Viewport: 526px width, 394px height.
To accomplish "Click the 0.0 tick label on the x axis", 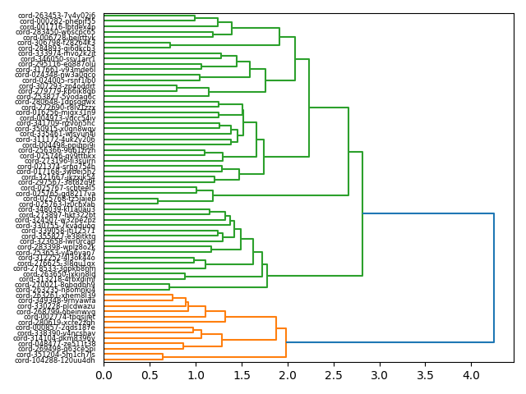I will pyautogui.click(x=104, y=376).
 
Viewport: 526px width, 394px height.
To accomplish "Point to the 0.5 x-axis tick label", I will pyautogui.click(x=150, y=376).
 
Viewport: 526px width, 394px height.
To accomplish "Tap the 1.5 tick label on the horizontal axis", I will pyautogui.click(x=241, y=376).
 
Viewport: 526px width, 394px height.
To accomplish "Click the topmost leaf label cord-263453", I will pyautogui.click(x=57, y=16).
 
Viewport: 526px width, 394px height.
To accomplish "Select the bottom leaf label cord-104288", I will pyautogui.click(x=57, y=360).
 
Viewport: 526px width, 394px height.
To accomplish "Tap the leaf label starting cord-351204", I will pyautogui.click(x=57, y=355).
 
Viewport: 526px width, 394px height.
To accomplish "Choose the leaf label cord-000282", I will pyautogui.click(x=57, y=21).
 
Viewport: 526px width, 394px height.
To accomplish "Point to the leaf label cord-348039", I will pyautogui.click(x=57, y=209).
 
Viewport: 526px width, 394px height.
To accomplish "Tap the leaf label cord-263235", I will pyautogui.click(x=57, y=289).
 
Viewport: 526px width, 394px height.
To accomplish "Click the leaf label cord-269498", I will pyautogui.click(x=57, y=349).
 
